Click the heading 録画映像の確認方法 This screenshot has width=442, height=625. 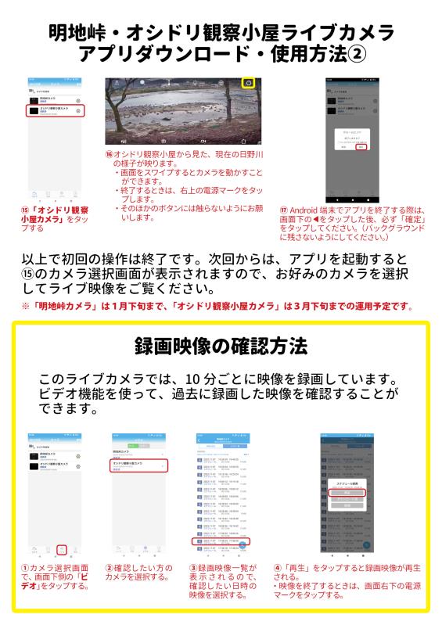[221, 345]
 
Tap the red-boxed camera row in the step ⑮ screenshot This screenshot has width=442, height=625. [55, 112]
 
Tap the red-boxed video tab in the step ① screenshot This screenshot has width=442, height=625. [62, 549]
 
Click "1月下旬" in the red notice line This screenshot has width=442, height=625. [136, 305]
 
